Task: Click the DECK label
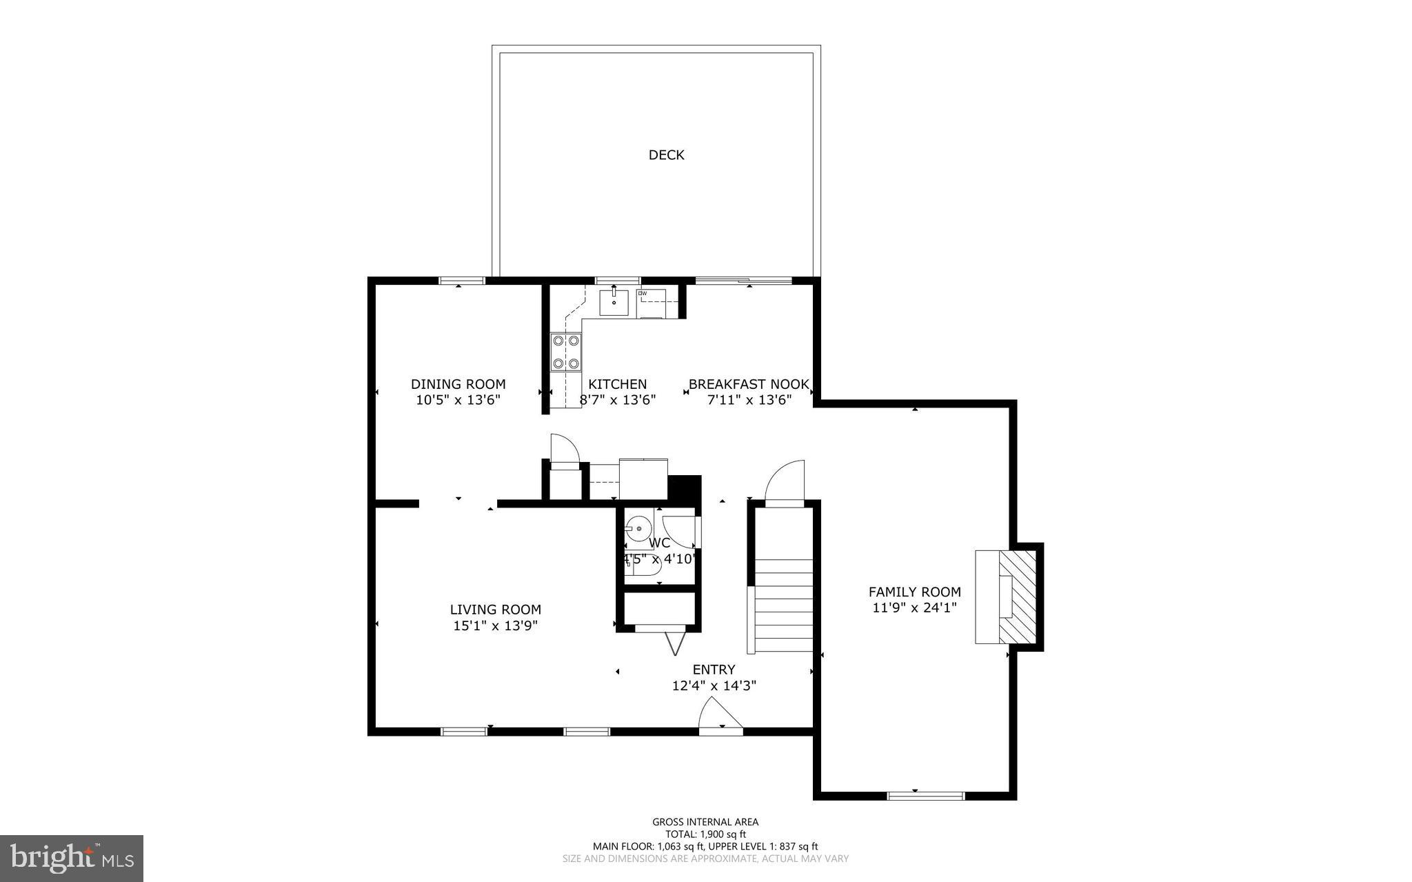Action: (666, 155)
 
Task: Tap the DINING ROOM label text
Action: (458, 384)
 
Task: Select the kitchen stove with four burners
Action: (565, 352)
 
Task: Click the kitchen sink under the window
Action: (613, 302)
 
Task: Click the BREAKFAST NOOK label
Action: (748, 384)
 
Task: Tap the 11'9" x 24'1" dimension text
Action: (914, 608)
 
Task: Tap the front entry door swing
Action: (719, 714)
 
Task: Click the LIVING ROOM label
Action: (495, 610)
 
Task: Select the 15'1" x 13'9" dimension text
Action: (495, 626)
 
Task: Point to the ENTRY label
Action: (714, 670)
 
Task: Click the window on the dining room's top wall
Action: (462, 280)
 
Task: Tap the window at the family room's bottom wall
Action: (925, 796)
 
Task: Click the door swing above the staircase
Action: (786, 483)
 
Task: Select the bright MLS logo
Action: (71, 858)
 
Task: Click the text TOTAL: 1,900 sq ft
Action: (705, 834)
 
